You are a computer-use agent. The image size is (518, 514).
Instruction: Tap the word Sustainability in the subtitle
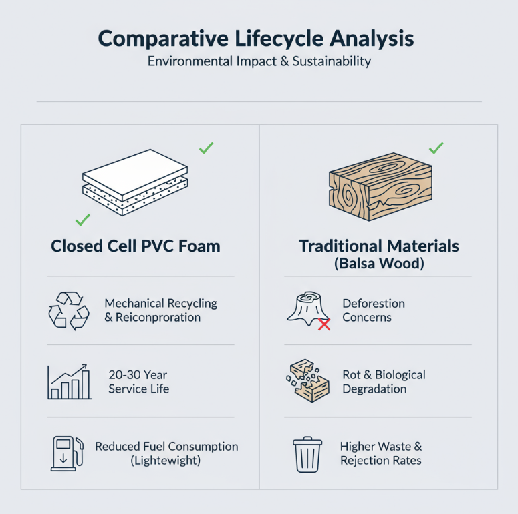pos(325,62)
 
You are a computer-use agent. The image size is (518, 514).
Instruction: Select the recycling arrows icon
pos(68,310)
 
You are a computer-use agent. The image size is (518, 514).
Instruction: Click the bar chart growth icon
pos(69,382)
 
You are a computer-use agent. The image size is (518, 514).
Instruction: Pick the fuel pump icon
pos(68,453)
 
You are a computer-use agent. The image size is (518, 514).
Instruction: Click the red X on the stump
pos(324,325)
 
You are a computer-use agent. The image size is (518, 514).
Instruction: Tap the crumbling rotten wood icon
pos(307,380)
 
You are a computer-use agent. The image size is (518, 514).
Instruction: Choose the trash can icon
pos(307,454)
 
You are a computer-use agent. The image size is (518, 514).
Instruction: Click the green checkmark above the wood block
pos(436,148)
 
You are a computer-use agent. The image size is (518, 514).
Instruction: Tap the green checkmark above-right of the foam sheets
pos(207,148)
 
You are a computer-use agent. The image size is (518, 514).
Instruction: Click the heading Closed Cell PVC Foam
pos(136,246)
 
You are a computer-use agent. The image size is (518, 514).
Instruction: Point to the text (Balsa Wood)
pos(379,263)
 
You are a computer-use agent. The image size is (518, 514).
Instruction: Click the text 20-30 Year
pos(138,375)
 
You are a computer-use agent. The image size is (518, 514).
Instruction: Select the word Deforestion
pos(374,304)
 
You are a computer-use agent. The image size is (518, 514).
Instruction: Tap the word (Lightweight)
pos(166,461)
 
